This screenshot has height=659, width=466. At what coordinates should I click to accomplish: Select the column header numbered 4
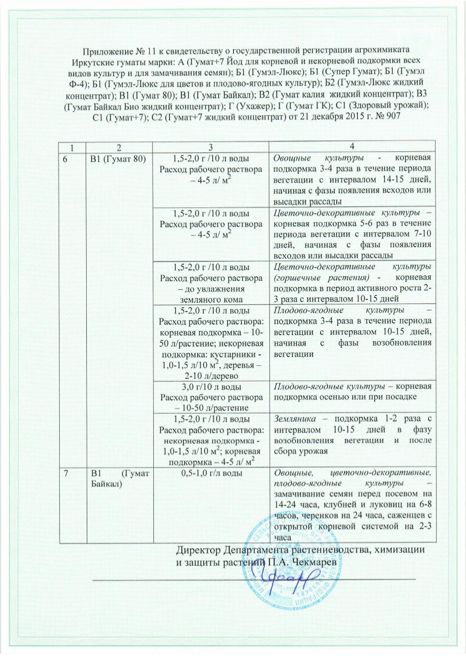(x=352, y=147)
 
